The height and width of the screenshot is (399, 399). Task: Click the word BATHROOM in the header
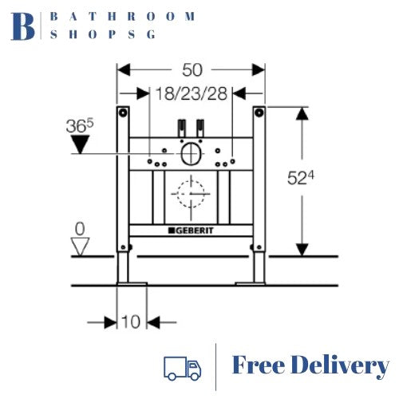122,16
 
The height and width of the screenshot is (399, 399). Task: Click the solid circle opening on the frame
191,154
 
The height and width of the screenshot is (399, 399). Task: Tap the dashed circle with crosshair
191,194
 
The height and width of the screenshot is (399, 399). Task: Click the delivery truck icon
182,367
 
